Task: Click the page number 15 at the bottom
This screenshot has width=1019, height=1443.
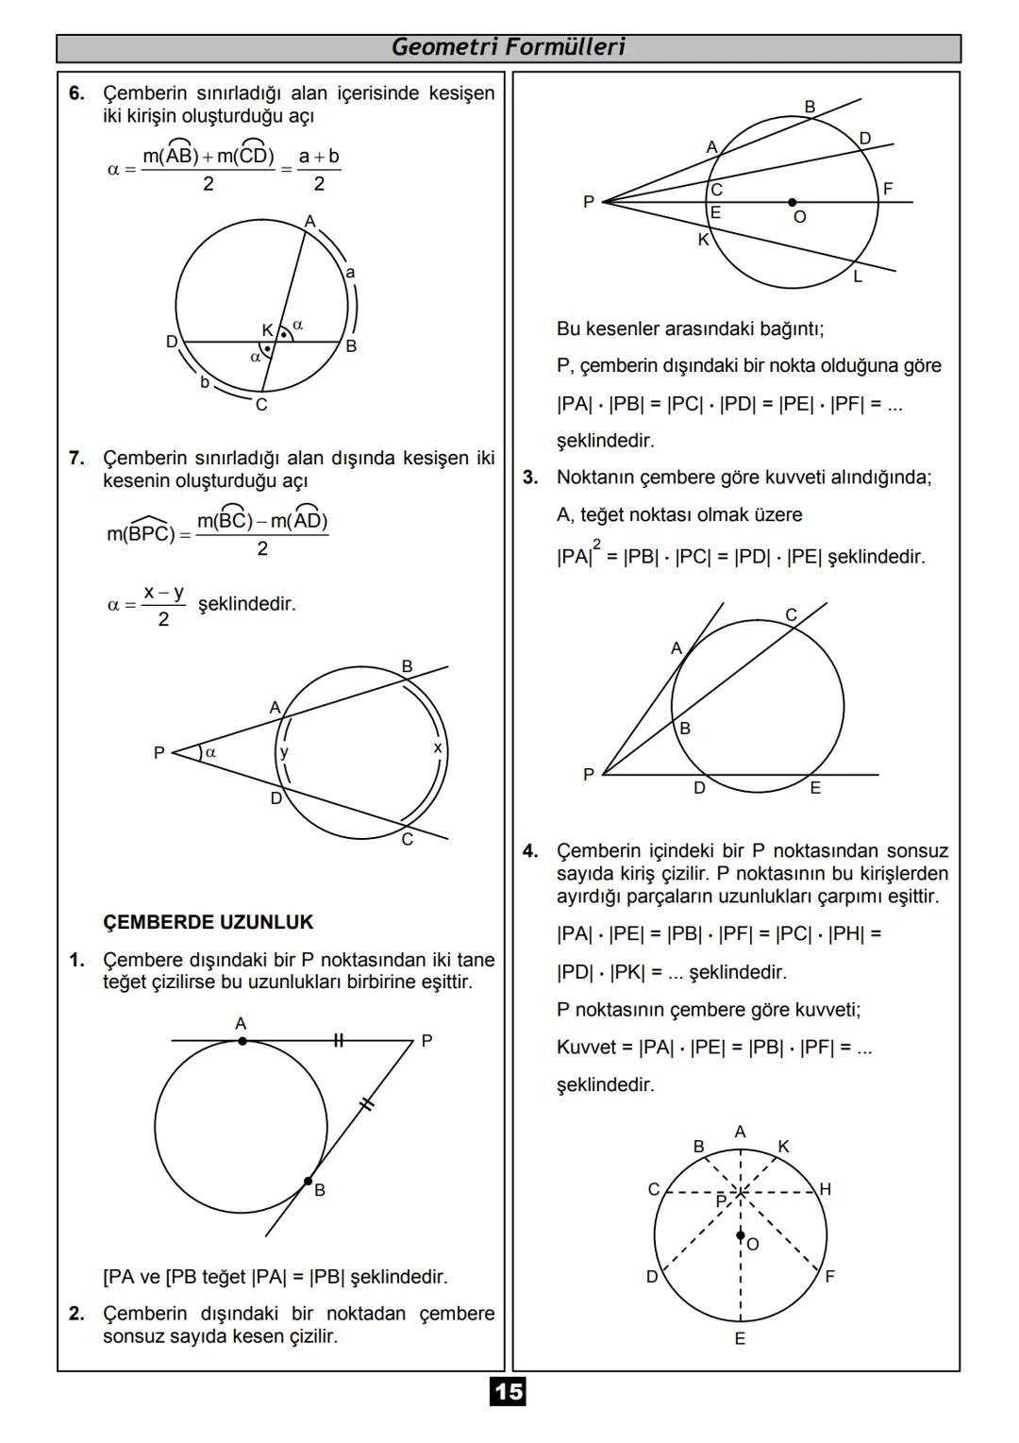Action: click(x=508, y=1391)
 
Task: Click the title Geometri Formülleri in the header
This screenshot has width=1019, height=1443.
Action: click(x=508, y=47)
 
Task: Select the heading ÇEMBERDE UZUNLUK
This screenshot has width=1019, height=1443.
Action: click(x=208, y=922)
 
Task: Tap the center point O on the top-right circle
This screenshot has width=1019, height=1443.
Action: click(x=793, y=202)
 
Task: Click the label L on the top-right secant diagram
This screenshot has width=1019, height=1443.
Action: click(x=858, y=277)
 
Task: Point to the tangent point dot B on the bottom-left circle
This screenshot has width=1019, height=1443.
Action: click(x=309, y=1181)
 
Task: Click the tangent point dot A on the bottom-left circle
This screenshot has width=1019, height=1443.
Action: click(x=242, y=1041)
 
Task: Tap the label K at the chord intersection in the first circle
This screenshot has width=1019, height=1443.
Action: click(x=267, y=330)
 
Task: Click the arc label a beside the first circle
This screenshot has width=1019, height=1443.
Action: click(x=350, y=273)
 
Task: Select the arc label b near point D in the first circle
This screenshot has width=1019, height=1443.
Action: click(x=204, y=382)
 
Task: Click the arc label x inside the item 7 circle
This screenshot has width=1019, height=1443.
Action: click(x=437, y=747)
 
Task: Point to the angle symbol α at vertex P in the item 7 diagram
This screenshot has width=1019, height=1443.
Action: click(x=210, y=752)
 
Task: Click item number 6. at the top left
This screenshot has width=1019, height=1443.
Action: click(x=76, y=93)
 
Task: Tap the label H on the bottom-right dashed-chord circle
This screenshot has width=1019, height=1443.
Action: click(x=826, y=1189)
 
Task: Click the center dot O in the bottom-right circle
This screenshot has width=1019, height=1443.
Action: click(x=741, y=1234)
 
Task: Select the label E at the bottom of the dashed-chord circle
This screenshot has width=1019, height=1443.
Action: click(x=740, y=1338)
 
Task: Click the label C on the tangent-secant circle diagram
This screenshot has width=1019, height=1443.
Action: click(x=791, y=615)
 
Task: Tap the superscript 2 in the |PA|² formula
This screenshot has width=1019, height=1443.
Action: click(x=596, y=544)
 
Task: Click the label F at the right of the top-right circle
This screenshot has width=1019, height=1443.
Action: click(x=888, y=189)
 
